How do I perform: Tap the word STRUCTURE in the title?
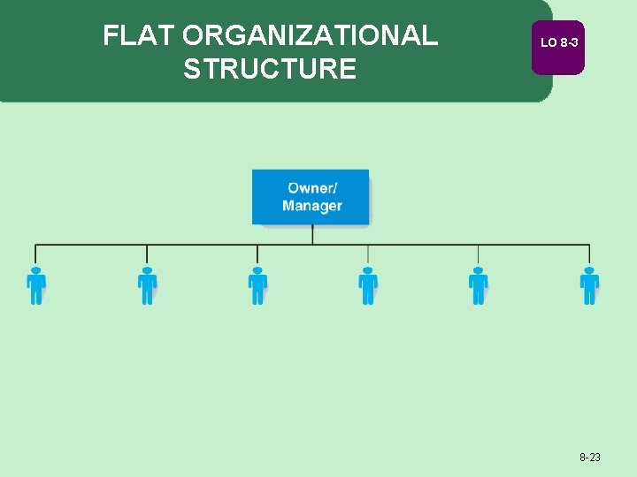click(270, 69)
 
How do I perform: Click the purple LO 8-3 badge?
click(558, 43)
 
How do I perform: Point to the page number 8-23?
click(590, 458)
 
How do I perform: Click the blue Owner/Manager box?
click(311, 197)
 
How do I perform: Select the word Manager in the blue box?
click(312, 207)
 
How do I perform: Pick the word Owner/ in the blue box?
click(312, 188)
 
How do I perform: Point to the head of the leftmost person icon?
click(36, 269)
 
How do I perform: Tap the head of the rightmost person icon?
click(589, 269)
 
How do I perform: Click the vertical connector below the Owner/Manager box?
click(312, 234)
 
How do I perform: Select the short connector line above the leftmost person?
click(36, 254)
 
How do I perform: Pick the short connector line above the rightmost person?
click(589, 254)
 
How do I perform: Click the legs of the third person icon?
click(257, 297)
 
